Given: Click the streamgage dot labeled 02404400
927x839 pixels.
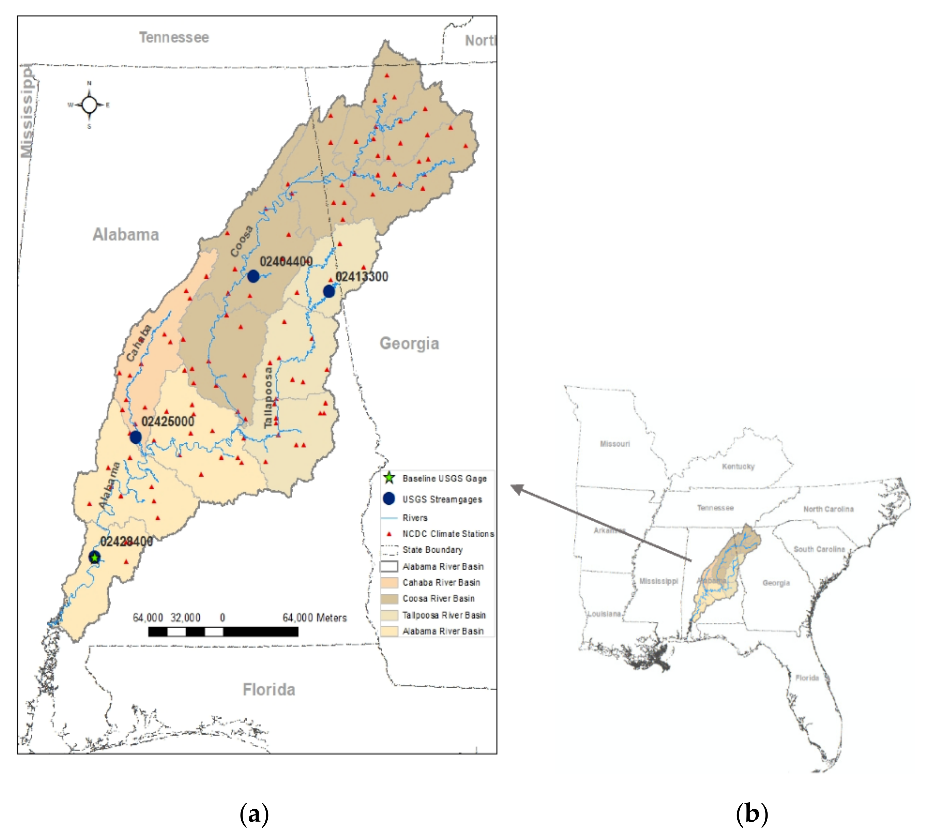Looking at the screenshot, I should (x=253, y=276).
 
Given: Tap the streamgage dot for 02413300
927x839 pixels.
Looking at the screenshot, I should (x=329, y=291).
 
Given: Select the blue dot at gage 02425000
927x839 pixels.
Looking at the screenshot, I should (x=135, y=437).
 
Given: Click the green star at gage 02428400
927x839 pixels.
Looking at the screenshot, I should (x=94, y=558).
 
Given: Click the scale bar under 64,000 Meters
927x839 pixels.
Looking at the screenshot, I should (x=223, y=631).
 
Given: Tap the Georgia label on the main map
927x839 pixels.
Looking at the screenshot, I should (x=409, y=343).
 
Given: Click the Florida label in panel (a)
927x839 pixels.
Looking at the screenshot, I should (x=269, y=689).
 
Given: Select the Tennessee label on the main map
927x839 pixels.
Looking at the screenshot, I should (x=174, y=37).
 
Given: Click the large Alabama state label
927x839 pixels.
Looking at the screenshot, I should (x=125, y=234).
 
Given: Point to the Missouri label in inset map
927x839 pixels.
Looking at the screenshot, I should (x=615, y=444).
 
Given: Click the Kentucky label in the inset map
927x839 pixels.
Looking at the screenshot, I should (x=738, y=466).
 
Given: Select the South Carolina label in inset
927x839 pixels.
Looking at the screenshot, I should (x=819, y=549).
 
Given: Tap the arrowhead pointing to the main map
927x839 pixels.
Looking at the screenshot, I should (x=516, y=488).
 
